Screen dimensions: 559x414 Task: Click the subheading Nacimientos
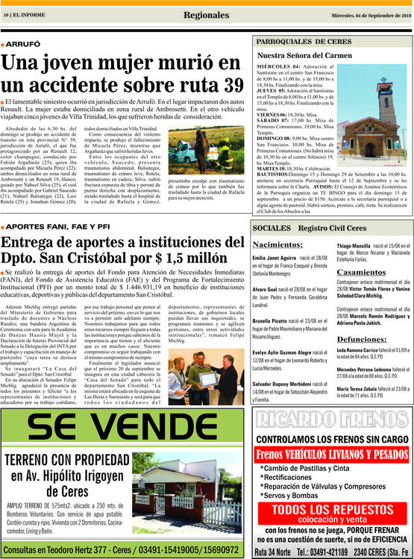tap(277, 244)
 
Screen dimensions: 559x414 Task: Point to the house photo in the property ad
tap(192, 496)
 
